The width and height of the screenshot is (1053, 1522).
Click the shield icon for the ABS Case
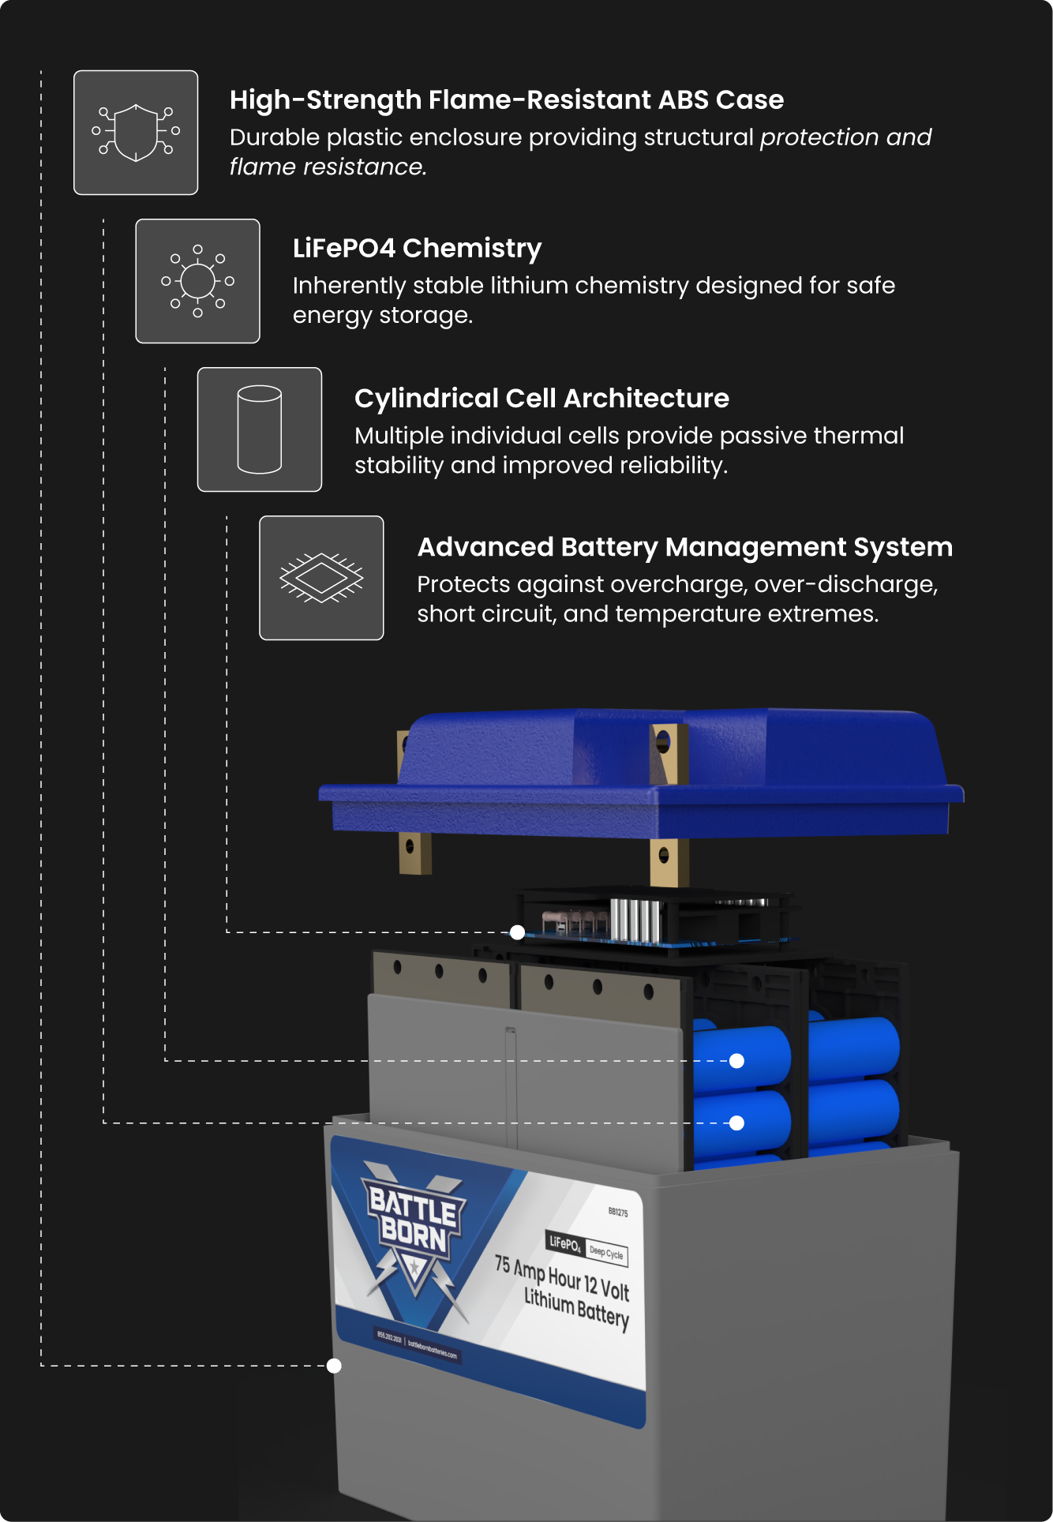136,133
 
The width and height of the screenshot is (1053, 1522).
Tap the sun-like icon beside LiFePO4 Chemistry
197,281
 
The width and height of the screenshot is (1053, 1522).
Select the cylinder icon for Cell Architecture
260,429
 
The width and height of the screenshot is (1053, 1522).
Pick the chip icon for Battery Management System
321,578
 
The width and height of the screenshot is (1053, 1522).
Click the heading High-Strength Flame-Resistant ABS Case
506,100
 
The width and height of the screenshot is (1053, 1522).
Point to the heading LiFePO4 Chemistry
417,249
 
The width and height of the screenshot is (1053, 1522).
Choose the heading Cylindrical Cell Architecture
541,399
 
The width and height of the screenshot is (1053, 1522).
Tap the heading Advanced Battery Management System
684,547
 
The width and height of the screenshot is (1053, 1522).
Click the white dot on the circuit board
517,932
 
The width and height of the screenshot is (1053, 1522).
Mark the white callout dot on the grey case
334,1366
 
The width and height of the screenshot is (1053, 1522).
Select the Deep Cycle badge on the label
606,1253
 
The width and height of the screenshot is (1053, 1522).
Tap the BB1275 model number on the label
618,1212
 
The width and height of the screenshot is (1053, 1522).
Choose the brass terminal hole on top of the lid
663,741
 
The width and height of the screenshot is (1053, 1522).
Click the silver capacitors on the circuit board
635,920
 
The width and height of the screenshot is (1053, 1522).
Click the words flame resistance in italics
328,167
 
